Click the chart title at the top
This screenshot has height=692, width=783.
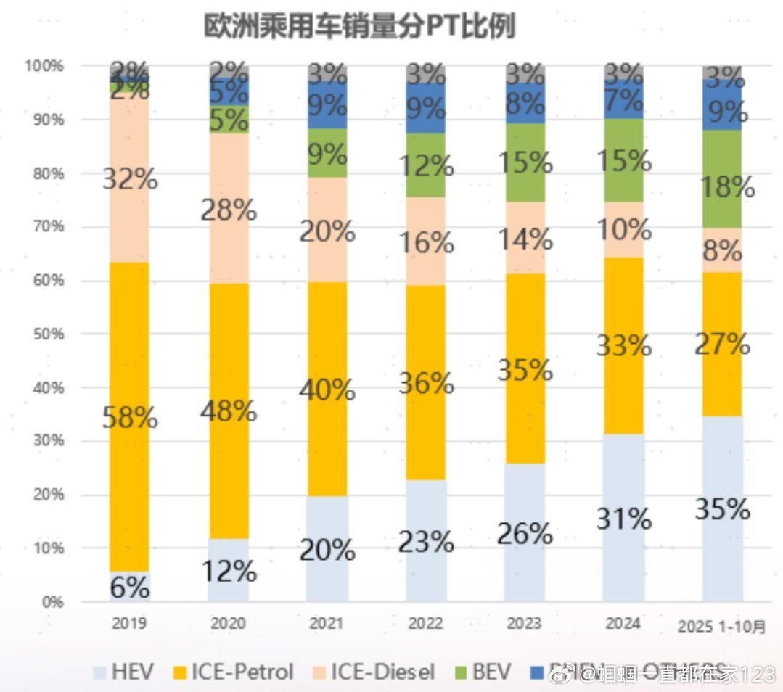359,27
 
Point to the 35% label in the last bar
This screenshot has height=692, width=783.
722,509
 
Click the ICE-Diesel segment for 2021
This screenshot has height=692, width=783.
327,218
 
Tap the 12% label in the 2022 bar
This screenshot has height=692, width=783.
426,166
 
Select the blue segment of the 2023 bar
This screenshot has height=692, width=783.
525,102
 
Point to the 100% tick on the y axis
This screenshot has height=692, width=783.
45,66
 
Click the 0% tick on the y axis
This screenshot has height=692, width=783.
51,602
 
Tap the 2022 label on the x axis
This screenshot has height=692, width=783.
425,624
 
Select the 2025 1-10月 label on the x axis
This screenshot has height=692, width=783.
721,625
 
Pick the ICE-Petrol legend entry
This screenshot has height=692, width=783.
231,672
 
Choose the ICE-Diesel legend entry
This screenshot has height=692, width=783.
372,672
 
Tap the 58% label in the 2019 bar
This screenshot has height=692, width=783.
130,418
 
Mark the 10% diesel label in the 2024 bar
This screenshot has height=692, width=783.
623,231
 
